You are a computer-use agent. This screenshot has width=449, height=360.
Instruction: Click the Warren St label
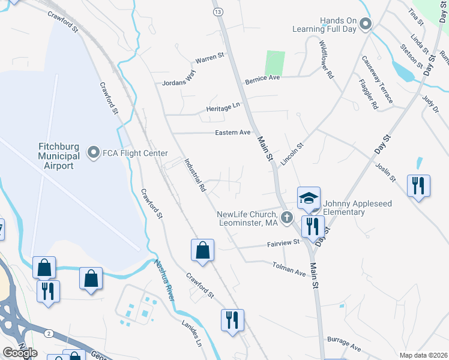tap(209, 58)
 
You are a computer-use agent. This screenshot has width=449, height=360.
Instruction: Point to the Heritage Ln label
tap(223, 106)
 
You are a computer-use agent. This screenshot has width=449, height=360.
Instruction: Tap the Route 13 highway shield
tap(217, 12)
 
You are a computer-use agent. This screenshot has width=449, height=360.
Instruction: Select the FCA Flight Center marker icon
tap(93, 153)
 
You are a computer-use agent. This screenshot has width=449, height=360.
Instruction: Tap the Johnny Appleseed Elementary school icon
tap(309, 199)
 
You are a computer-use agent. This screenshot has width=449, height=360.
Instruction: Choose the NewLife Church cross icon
tap(287, 218)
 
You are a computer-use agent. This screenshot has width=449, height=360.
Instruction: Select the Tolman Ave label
tap(289, 269)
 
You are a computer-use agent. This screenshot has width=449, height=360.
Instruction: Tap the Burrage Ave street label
tap(344, 344)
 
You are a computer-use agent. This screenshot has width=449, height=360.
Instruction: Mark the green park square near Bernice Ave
tap(275, 62)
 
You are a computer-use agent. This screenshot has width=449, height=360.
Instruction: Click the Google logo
tap(20, 353)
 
